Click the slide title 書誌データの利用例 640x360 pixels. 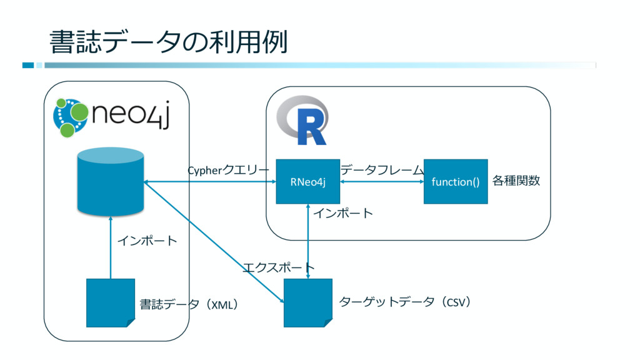[169, 42]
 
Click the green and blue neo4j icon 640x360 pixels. [71, 117]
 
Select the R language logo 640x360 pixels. [302, 120]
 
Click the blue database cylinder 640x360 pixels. [111, 181]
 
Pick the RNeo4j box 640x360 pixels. [307, 182]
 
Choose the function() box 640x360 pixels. [456, 182]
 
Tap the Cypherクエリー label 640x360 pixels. [228, 170]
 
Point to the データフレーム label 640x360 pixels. [382, 169]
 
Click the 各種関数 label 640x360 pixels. [516, 181]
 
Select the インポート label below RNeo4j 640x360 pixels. [343, 213]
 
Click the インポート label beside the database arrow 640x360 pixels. [147, 241]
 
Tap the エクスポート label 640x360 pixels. [279, 267]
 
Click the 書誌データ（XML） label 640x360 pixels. [189, 304]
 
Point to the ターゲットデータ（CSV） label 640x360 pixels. [405, 302]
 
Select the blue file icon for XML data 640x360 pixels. [111, 303]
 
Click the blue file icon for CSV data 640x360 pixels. [308, 303]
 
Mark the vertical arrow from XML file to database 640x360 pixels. [111, 247]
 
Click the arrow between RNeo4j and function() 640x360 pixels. [382, 182]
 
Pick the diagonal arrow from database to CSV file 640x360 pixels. [214, 242]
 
